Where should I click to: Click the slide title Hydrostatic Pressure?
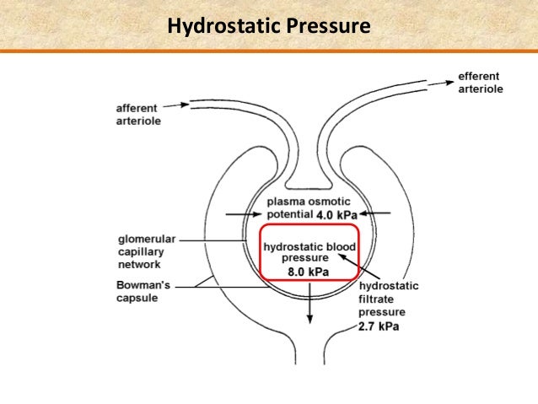tap(269, 27)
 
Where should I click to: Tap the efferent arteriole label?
tap(480, 83)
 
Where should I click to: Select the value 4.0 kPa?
tap(336, 215)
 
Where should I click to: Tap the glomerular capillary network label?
tap(144, 250)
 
